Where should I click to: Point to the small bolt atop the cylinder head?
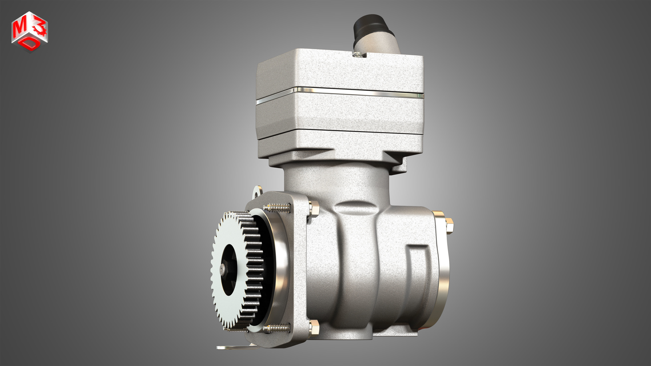tap(357, 54)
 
